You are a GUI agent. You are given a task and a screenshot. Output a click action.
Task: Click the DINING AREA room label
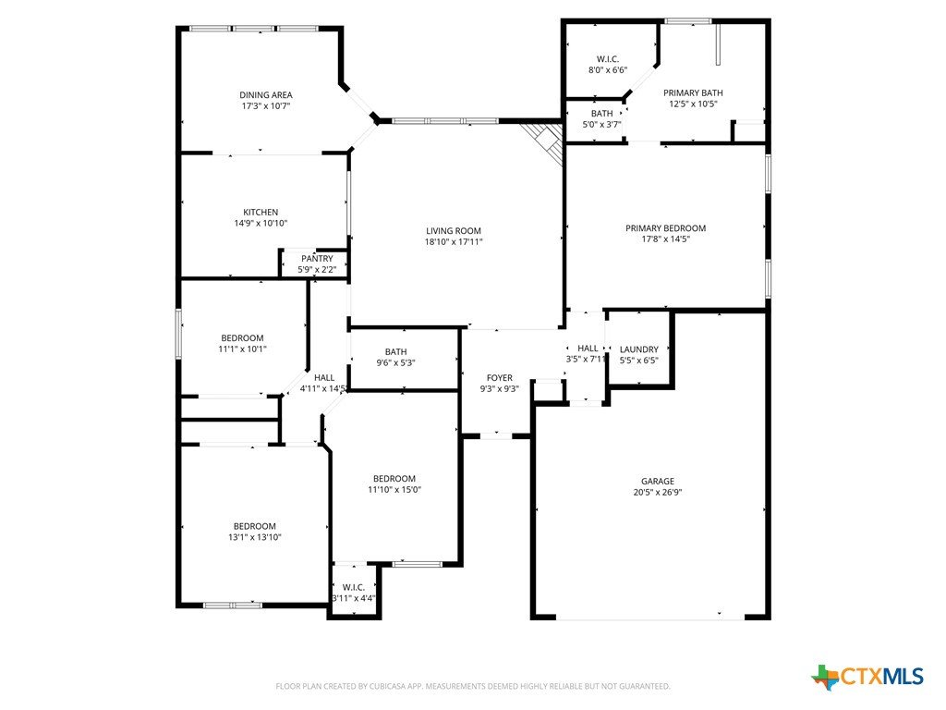266,95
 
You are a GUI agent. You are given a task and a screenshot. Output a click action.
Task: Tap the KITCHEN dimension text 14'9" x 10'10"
261,224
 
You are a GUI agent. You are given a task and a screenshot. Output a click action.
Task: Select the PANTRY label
318,259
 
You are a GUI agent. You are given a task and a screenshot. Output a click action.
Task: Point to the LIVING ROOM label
454,230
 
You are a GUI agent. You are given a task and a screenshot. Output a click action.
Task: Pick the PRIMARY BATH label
693,93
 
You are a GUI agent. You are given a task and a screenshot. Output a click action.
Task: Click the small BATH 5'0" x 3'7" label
602,114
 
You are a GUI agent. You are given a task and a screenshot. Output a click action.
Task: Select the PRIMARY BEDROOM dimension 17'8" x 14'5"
666,239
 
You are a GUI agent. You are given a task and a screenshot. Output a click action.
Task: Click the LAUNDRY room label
639,349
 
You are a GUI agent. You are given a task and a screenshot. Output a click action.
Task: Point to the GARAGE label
658,481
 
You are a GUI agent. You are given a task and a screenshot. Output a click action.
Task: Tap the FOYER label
500,378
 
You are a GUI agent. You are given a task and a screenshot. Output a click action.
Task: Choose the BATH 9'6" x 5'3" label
395,352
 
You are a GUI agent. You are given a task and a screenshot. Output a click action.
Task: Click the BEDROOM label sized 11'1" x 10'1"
242,338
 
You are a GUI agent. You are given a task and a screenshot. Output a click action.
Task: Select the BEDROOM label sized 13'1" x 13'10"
255,526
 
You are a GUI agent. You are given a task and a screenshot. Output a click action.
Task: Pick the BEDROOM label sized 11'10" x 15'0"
394,479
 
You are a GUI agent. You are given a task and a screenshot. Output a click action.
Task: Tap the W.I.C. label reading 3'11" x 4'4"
354,587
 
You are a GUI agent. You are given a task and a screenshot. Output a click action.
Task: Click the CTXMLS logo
867,677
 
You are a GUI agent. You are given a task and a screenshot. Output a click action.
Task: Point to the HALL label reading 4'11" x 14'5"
324,378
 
